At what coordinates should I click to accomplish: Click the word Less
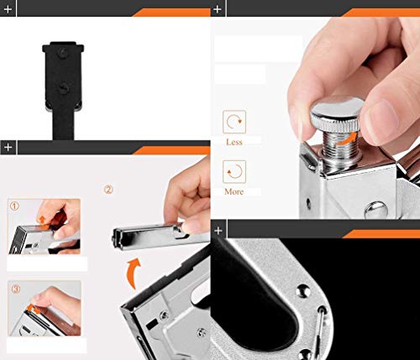click(x=234, y=142)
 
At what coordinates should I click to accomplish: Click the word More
click(x=234, y=191)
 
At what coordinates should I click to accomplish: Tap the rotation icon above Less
click(x=234, y=122)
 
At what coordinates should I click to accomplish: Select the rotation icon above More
click(x=234, y=171)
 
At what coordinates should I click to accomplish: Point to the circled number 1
click(x=14, y=206)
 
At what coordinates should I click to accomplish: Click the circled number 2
click(x=108, y=190)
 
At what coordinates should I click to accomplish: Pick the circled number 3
click(x=16, y=289)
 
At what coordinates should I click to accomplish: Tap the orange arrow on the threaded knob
click(x=347, y=139)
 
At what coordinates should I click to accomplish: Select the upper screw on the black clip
click(x=63, y=53)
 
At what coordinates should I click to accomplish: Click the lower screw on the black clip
click(x=64, y=89)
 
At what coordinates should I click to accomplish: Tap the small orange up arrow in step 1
click(x=42, y=220)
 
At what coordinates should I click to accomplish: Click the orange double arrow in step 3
click(x=33, y=309)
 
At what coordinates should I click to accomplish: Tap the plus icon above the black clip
click(x=8, y=9)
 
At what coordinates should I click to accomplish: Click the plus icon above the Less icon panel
click(x=218, y=9)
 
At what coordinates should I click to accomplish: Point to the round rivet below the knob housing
click(x=376, y=210)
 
